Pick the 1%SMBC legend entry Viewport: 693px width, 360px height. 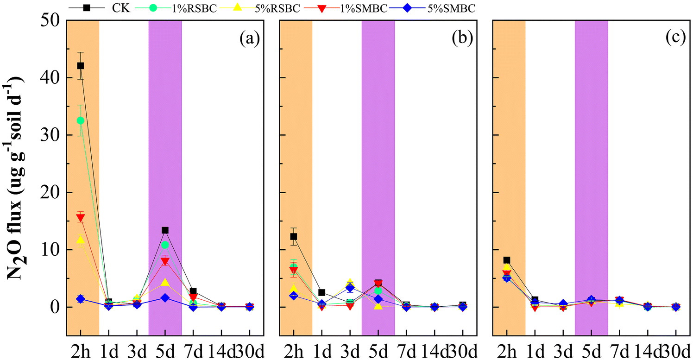[x=366, y=8]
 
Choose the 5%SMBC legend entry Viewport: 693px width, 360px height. [x=452, y=8]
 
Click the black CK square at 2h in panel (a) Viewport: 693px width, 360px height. [x=81, y=66]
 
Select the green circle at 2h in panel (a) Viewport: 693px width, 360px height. [x=81, y=120]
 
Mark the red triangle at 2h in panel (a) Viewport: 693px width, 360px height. [x=81, y=218]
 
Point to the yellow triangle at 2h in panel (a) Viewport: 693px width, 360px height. [x=81, y=240]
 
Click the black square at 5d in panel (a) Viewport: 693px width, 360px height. [x=165, y=230]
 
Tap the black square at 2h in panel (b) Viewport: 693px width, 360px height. [x=293, y=237]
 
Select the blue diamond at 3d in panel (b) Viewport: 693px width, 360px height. [x=350, y=288]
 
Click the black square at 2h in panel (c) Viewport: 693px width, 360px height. [x=507, y=260]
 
